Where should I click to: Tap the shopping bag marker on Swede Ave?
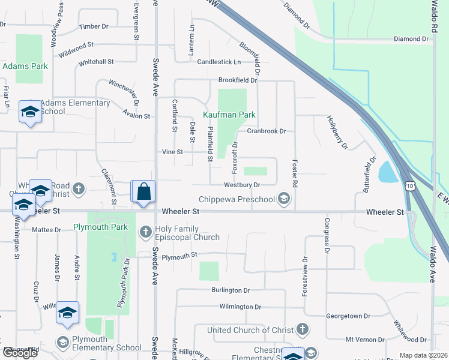point(143,193)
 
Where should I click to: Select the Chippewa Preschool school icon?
point(284,199)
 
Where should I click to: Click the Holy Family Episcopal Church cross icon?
point(145,232)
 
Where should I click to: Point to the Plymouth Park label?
point(100,227)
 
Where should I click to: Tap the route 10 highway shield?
point(409,188)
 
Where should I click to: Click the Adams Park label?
point(25,66)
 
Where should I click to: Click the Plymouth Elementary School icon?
point(62,343)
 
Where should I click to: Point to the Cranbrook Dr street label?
point(267,131)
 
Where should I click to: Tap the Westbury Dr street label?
point(243,185)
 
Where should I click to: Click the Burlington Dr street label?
point(230,290)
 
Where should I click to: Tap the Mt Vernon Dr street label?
point(365,339)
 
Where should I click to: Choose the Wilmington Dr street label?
point(240,307)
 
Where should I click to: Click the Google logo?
point(20,353)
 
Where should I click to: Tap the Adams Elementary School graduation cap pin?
point(29,112)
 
